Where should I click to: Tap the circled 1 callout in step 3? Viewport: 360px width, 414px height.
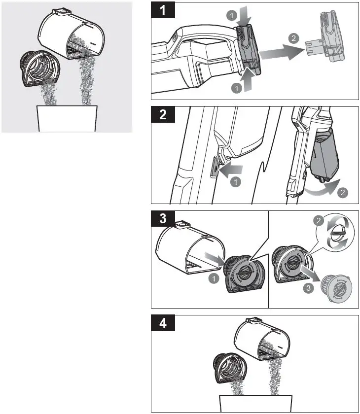pos(214,278)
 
